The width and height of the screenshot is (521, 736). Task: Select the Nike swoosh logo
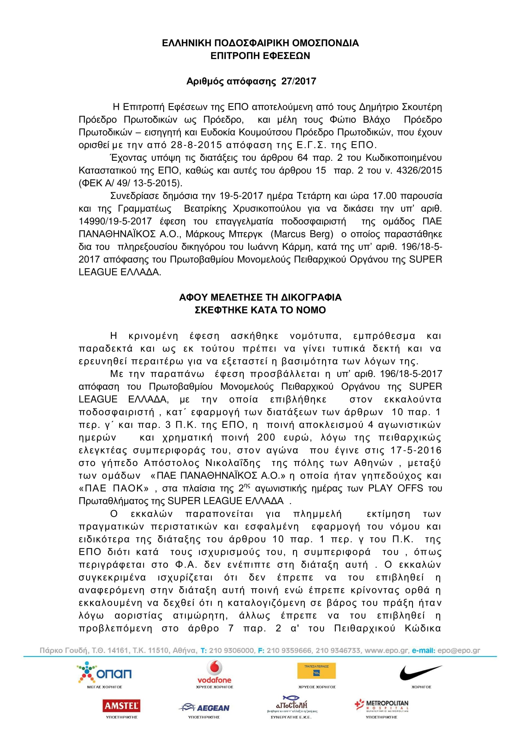421,672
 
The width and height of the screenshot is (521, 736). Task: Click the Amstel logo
121,705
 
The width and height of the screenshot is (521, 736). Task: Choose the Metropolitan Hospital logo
381,705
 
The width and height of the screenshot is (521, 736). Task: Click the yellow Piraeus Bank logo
316,671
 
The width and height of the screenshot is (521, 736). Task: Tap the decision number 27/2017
299,81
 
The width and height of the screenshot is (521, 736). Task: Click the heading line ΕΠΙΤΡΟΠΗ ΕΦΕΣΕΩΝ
260,56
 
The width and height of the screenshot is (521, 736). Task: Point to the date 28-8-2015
196,145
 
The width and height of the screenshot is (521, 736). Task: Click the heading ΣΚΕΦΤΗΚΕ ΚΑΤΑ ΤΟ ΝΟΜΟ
260,310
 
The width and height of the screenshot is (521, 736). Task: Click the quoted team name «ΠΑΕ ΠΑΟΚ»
114,489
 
